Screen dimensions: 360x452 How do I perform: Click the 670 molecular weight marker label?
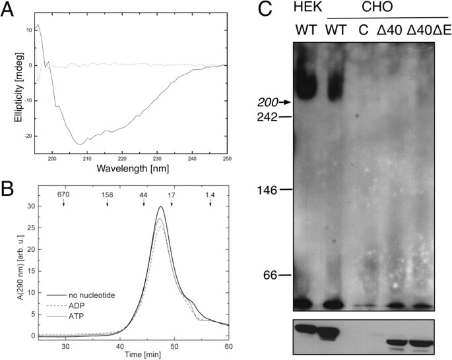pos(63,195)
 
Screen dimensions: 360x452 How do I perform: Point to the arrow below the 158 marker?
pos(107,204)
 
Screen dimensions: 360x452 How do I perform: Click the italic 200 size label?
pos(267,102)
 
